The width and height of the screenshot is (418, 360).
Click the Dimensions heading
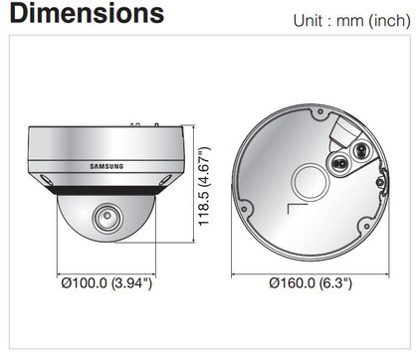(x=87, y=13)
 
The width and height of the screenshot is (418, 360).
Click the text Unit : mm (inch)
(x=351, y=21)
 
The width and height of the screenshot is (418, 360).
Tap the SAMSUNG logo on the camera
(x=106, y=166)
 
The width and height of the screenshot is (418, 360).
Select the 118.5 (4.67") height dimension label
(x=204, y=186)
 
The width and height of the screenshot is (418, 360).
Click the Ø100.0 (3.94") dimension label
(x=106, y=283)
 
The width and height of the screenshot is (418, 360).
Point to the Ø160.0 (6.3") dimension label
(x=311, y=283)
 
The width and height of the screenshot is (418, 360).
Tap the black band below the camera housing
(x=106, y=190)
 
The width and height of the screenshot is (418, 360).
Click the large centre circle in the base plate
(x=311, y=182)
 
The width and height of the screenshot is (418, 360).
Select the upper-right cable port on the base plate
(x=360, y=151)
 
